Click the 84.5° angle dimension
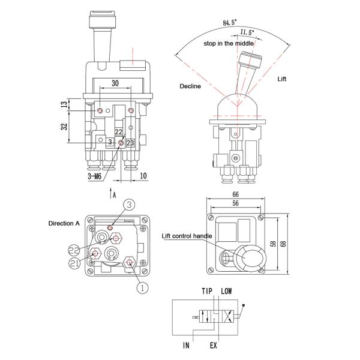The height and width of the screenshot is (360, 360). coord(230,23)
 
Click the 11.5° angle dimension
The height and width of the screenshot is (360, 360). coord(247,32)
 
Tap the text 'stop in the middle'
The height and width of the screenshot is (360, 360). coord(229,44)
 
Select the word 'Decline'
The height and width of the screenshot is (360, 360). coord(190,86)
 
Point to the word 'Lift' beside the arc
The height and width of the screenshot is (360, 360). coord(283,79)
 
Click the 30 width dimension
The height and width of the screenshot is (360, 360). coord(115,84)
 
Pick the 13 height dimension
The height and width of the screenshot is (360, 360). coord(64,105)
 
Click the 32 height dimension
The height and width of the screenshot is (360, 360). coord(64,127)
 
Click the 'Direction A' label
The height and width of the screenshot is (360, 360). coord(64,223)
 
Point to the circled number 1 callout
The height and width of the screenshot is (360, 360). coord(142,287)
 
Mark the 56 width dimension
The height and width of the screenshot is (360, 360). coord(235,204)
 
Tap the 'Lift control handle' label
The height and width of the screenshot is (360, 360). coord(187,236)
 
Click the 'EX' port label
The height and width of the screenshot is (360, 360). coord(213,346)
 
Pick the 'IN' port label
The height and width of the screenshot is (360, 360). coord(187,346)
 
